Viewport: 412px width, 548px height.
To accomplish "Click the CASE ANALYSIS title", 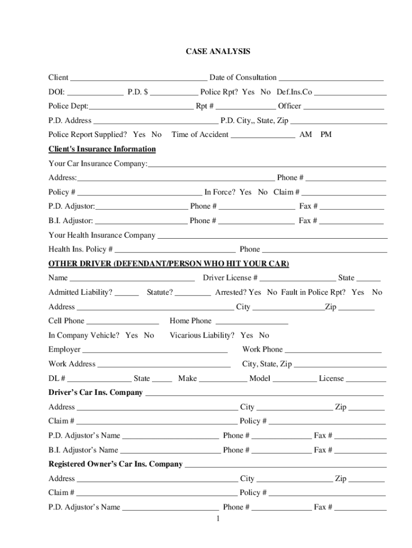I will (218, 52).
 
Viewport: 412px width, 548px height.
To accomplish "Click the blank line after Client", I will (139, 78).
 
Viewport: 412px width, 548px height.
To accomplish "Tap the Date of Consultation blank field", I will (331, 78).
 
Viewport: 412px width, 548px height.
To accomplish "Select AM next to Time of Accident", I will (306, 135).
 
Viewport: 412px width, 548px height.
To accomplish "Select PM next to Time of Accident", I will (326, 135).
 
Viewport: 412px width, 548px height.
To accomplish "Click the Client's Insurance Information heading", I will (102, 149).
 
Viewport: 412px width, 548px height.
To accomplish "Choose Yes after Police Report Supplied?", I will (139, 135).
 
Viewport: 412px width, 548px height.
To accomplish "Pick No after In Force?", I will (263, 192).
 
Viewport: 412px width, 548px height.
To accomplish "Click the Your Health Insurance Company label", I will (102, 235).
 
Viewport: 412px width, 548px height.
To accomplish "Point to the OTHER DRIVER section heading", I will (169, 264).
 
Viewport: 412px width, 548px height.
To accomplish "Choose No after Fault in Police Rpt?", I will (377, 293).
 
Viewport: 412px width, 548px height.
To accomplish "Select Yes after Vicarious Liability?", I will (247, 336).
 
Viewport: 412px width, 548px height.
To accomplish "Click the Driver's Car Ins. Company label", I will (96, 393).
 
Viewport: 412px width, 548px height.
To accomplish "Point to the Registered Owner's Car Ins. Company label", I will (116, 465).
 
